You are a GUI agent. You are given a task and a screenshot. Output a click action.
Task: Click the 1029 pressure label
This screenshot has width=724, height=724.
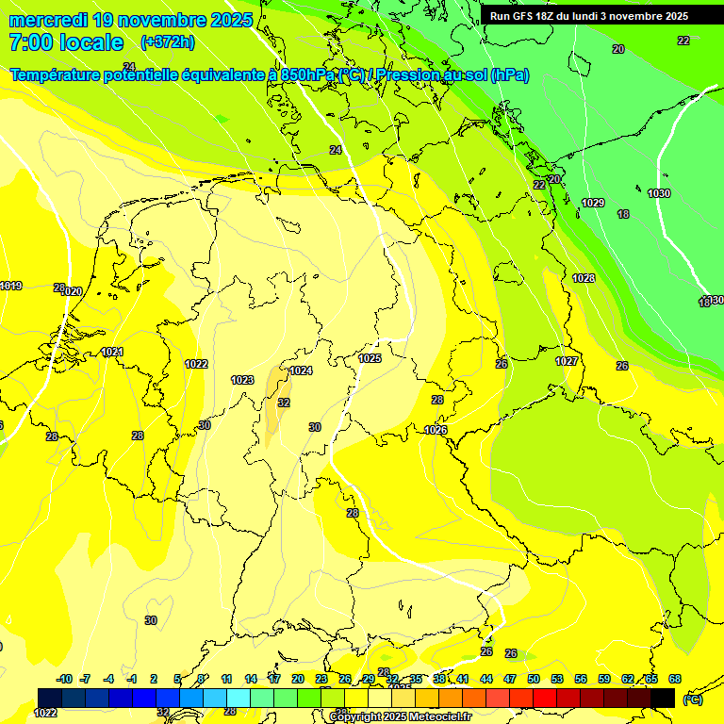click(593, 203)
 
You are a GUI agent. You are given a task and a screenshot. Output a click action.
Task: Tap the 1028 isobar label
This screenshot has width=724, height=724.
click(584, 278)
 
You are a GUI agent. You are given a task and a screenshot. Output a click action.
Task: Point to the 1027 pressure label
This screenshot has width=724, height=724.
click(567, 361)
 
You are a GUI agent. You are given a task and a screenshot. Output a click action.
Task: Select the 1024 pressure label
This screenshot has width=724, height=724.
click(301, 370)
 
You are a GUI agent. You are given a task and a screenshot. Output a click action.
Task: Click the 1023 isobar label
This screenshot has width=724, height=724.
click(242, 380)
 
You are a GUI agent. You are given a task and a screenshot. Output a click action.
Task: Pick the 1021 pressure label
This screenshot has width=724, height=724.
click(112, 352)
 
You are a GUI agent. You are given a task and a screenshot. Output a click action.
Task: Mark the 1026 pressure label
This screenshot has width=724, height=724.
click(436, 430)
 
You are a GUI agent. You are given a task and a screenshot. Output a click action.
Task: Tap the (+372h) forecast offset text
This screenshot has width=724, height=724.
click(167, 41)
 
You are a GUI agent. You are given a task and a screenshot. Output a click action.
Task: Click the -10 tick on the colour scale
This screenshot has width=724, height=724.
click(64, 679)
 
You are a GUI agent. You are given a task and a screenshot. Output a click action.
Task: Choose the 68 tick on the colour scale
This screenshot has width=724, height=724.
click(675, 679)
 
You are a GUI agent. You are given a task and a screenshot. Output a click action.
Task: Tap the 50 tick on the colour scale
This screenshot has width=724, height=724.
click(534, 679)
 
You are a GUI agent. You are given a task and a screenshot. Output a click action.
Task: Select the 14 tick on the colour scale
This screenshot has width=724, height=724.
click(251, 679)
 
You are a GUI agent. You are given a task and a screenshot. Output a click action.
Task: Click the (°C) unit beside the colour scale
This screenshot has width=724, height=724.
click(692, 699)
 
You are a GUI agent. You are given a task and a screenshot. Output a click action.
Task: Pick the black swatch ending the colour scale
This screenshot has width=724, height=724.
click(663, 698)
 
